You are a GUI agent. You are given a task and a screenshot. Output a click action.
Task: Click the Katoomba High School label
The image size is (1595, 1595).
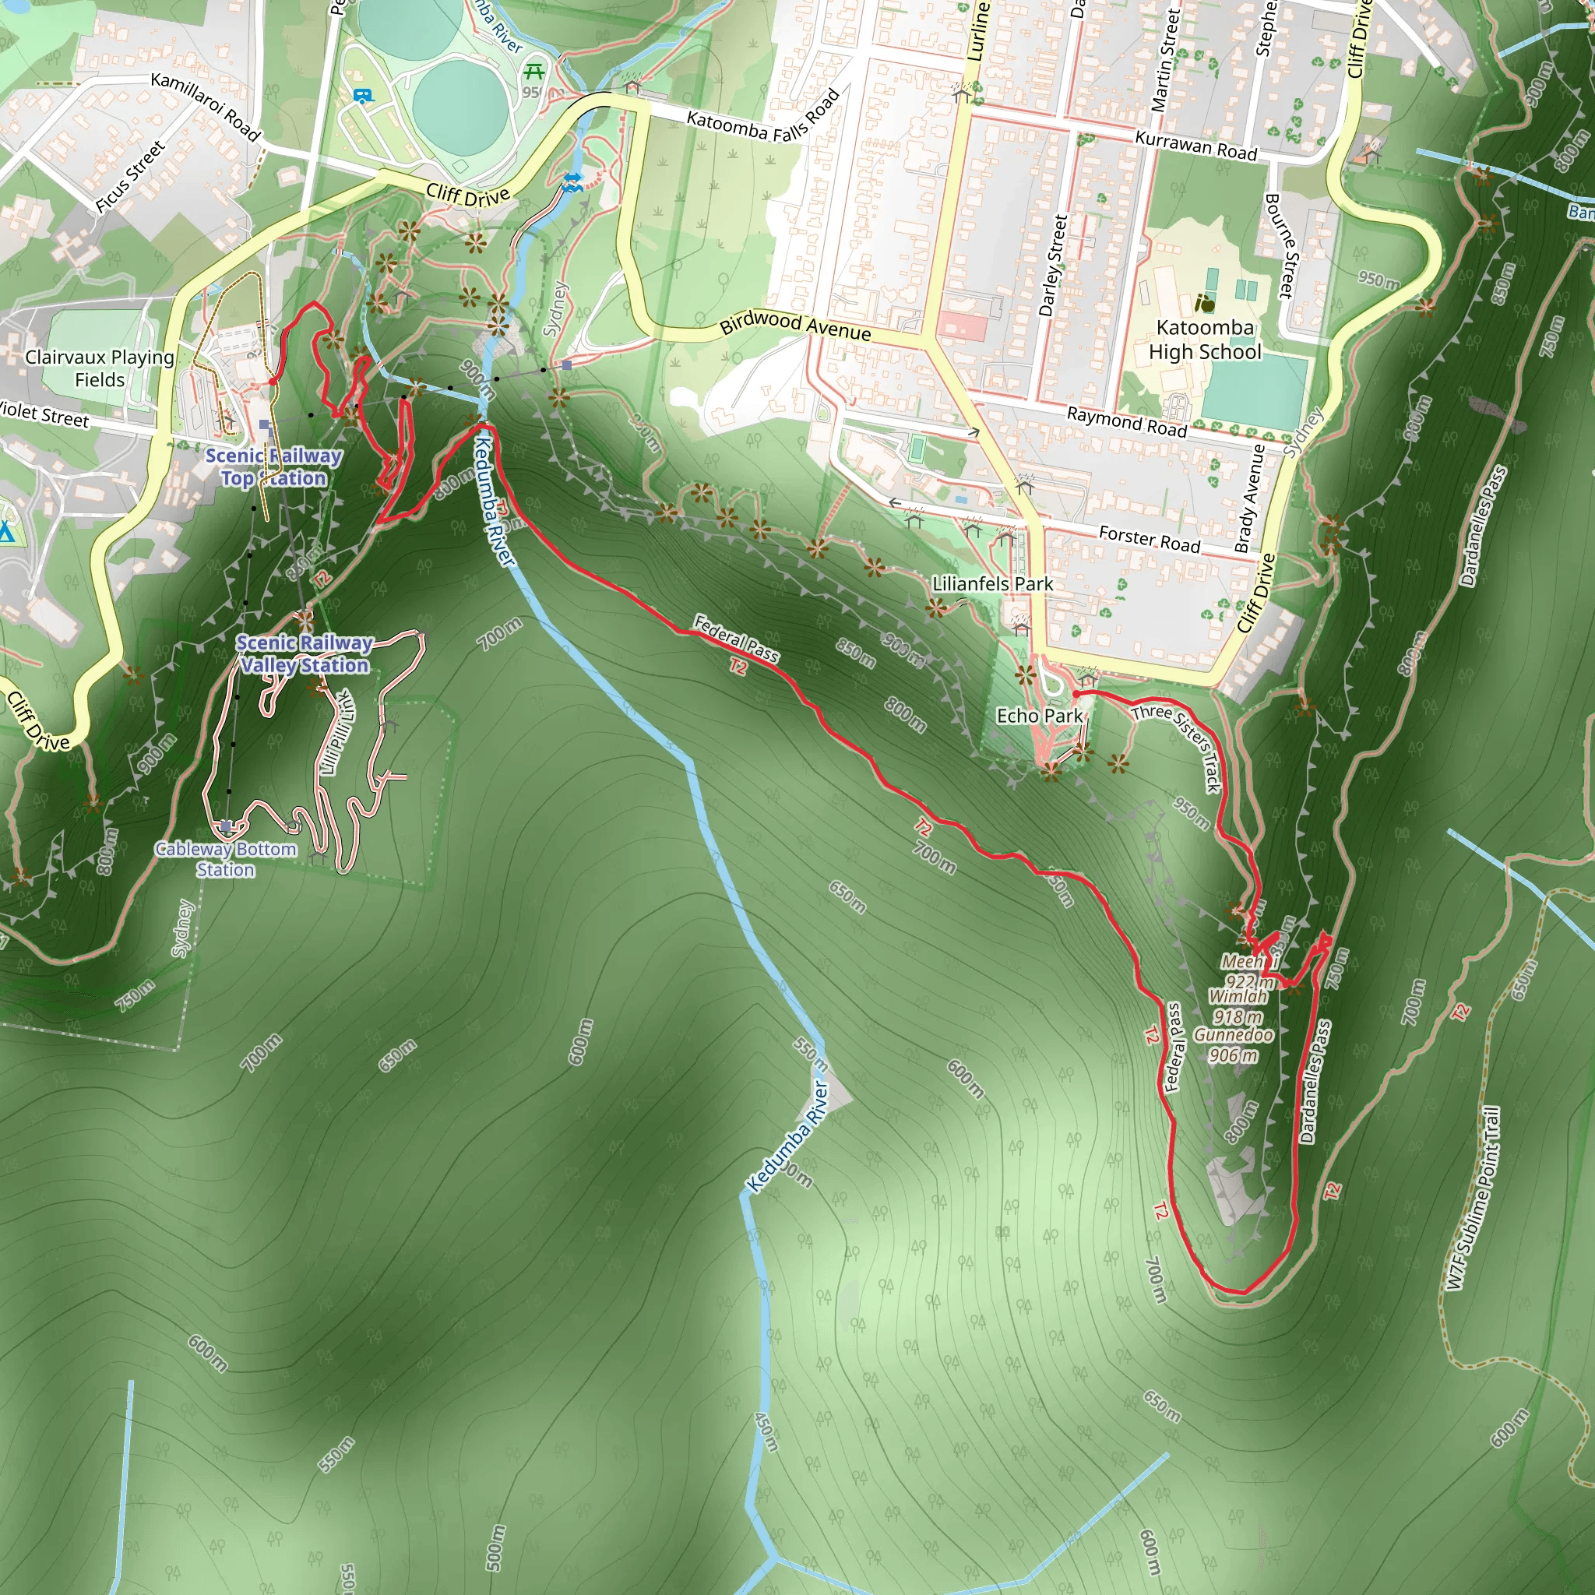click(1205, 340)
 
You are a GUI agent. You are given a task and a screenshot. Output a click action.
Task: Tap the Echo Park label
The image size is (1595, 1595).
click(1039, 716)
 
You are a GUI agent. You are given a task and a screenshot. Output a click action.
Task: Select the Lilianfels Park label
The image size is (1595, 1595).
click(992, 583)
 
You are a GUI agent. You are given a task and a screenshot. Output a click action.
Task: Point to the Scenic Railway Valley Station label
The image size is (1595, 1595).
click(305, 654)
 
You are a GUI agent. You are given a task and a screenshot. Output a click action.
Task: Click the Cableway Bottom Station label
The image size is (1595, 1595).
click(225, 858)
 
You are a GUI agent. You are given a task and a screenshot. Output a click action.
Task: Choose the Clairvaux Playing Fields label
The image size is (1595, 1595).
click(99, 368)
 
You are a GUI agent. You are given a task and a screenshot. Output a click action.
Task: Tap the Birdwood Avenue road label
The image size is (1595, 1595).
click(795, 325)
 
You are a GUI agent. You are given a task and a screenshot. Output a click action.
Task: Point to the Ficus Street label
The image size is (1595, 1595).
click(130, 177)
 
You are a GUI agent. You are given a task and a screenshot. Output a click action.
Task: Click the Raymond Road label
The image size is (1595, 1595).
click(1126, 422)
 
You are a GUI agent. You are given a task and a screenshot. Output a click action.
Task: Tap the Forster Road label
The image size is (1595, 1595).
click(1150, 540)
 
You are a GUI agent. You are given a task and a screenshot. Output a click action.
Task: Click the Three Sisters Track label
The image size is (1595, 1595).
click(1177, 747)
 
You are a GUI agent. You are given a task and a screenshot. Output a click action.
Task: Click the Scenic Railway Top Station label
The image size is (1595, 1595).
click(273, 467)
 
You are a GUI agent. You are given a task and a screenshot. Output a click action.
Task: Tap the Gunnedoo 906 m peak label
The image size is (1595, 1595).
click(1234, 1044)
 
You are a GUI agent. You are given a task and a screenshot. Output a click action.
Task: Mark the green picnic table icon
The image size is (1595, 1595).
click(534, 71)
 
